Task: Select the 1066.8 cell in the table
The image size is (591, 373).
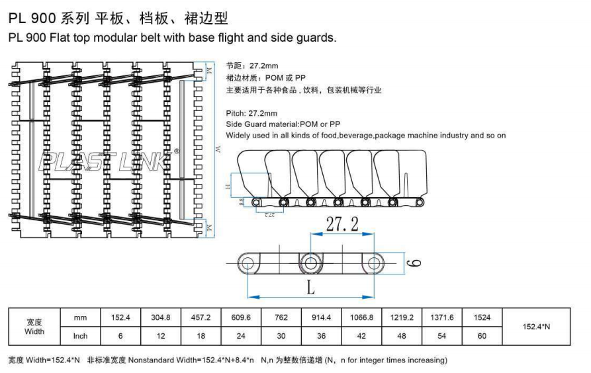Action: tap(361, 318)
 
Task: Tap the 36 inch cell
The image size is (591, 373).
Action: tap(321, 336)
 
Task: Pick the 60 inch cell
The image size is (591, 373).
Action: tap(482, 336)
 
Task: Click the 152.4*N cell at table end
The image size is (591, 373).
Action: tap(537, 327)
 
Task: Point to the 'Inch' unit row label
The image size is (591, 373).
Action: tap(80, 336)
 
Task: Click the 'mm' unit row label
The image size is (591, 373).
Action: tap(80, 318)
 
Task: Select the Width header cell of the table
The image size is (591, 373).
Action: tap(34, 327)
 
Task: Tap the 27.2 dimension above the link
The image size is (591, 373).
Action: tap(343, 226)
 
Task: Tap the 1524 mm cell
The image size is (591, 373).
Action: tap(482, 318)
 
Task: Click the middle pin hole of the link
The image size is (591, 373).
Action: tap(310, 263)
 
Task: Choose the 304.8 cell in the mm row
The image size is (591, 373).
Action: tap(161, 318)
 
